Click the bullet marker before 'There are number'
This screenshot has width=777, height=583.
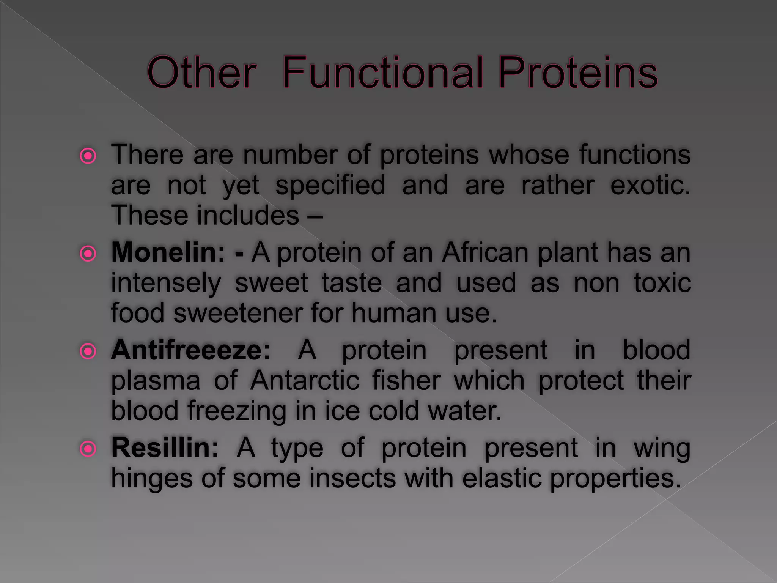coord(88,156)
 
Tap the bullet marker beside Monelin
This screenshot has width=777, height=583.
coord(88,254)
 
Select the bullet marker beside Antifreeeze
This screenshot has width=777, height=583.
coord(88,351)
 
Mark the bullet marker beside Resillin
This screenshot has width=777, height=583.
coord(88,449)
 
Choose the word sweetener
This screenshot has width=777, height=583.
coord(238,314)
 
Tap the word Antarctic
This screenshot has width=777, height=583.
coord(305,380)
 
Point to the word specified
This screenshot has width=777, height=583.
coord(330,186)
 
